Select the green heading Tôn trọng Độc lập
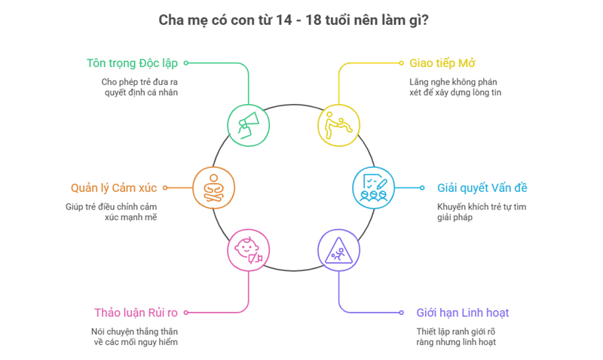(x=133, y=63)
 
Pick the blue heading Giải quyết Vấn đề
(x=482, y=188)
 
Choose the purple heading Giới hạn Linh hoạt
(x=467, y=312)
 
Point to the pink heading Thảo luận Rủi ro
(x=136, y=312)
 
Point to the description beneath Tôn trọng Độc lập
(x=141, y=87)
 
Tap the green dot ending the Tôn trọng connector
(x=186, y=63)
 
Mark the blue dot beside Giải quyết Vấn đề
(x=421, y=188)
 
